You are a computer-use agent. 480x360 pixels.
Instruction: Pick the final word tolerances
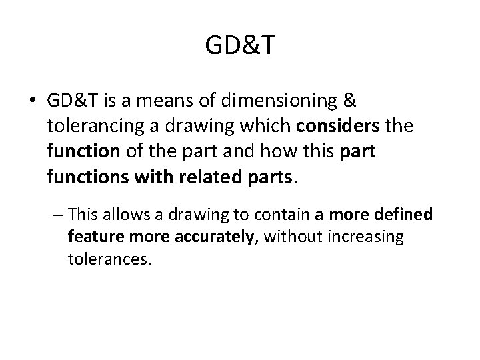click(110, 259)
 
